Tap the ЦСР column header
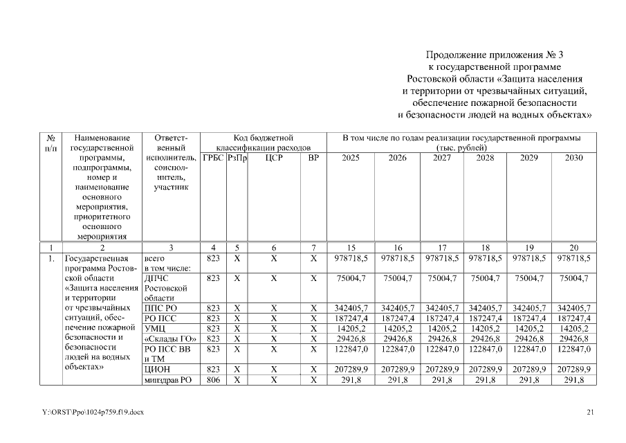(x=274, y=159)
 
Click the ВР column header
(x=313, y=159)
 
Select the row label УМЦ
(x=154, y=329)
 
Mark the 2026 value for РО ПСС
(x=398, y=318)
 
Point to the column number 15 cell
(x=350, y=246)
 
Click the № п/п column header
(x=50, y=143)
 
